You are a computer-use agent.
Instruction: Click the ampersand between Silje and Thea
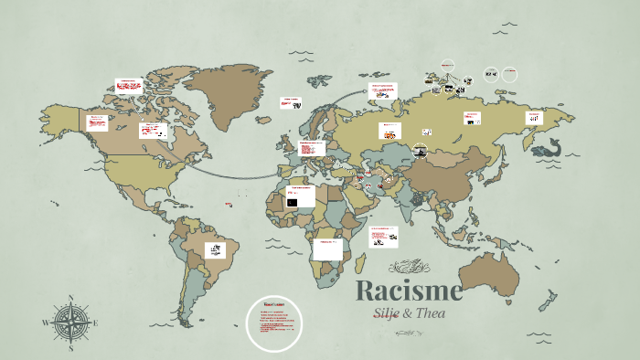pos(408,313)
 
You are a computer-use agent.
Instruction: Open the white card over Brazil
pos(215,248)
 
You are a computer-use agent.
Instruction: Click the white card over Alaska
pos(98,122)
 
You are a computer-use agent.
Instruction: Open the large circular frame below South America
pos(273,323)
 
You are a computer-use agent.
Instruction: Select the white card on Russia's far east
pos(534,117)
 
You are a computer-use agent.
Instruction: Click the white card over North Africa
pos(300,196)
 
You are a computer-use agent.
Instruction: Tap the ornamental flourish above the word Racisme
pos(408,268)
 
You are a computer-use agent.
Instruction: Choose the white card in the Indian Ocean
pos(383,238)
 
